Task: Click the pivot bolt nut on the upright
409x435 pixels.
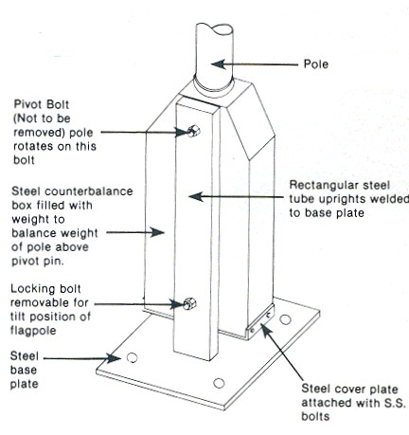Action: [x=193, y=131]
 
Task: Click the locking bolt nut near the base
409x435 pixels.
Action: [x=189, y=303]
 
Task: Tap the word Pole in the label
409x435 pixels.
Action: [x=316, y=64]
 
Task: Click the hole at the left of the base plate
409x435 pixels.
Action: [x=132, y=357]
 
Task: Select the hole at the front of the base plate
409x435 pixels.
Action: [x=219, y=383]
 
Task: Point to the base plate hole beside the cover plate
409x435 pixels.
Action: [x=285, y=319]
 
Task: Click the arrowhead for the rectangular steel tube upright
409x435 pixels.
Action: [x=196, y=197]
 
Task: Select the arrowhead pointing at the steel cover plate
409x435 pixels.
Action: [x=266, y=330]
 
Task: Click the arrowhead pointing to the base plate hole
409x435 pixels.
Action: [x=114, y=358]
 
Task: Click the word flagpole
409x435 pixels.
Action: [x=33, y=331]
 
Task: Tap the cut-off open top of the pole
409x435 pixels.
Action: [x=215, y=27]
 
